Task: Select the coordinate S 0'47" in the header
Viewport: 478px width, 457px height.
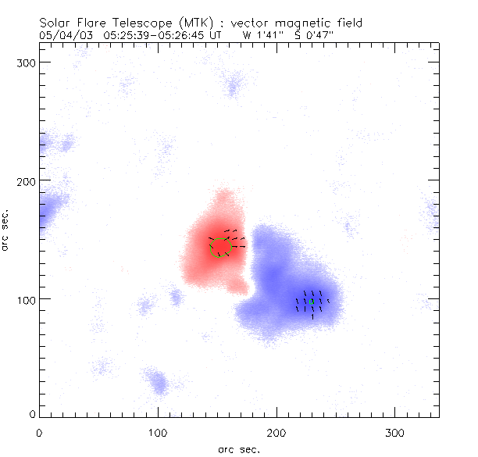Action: click(x=316, y=34)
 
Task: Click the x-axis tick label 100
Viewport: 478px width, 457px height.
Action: click(x=158, y=432)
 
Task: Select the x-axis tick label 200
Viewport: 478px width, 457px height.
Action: click(x=276, y=432)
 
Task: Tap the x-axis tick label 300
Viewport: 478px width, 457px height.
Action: click(x=395, y=432)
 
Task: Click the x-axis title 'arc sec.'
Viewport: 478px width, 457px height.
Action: click(x=239, y=448)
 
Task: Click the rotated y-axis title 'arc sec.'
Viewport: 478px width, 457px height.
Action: click(x=7, y=230)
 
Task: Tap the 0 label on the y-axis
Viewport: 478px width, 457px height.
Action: click(x=32, y=414)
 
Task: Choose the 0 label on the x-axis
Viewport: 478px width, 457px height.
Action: click(x=39, y=432)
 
